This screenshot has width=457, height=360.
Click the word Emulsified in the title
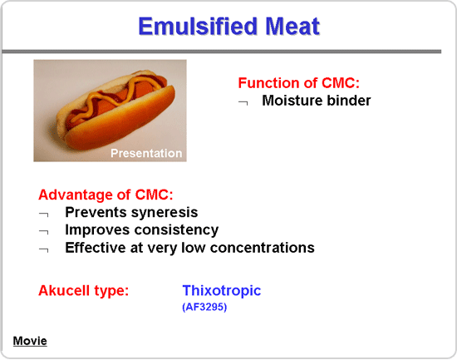point(198,27)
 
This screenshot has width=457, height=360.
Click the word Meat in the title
point(292,27)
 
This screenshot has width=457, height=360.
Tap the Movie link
point(30,341)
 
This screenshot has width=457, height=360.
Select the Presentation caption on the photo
point(146,153)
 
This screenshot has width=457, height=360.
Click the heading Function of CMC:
point(299,83)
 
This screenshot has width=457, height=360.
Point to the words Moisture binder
point(317,101)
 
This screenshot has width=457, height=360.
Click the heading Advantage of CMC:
point(106,195)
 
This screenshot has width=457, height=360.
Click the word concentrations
point(262,248)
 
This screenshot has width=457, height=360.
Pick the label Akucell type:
point(84,291)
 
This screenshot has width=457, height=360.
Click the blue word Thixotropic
point(222,290)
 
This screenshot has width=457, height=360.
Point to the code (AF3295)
point(204,307)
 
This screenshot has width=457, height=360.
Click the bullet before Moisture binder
point(243,103)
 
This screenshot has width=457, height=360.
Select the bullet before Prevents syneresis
point(44,215)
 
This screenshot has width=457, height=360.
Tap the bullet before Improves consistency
point(44,232)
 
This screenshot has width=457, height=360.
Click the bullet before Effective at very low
point(44,250)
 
